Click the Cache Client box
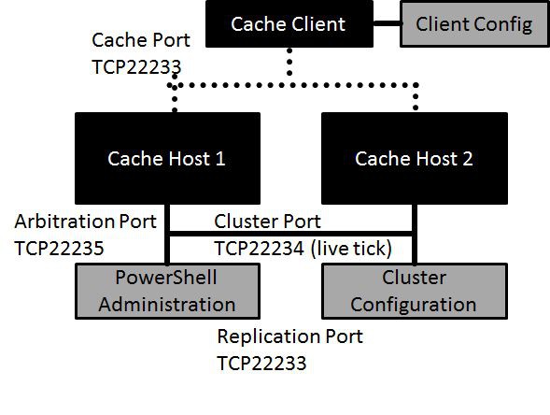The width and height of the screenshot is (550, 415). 288,24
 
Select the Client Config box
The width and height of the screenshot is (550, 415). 473,24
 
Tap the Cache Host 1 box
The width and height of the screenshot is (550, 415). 166,158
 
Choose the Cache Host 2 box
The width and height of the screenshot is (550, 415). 415,158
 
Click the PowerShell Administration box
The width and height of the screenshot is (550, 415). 166,291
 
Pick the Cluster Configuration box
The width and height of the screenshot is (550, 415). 415,291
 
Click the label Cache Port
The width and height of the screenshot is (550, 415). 141,40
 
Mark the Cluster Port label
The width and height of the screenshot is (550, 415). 267,222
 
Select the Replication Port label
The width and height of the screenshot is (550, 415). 289,336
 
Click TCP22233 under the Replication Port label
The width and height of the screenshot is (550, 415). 261,363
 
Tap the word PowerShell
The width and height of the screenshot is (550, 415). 166,279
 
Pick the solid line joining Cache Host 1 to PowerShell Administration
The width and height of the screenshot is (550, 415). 168,245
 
